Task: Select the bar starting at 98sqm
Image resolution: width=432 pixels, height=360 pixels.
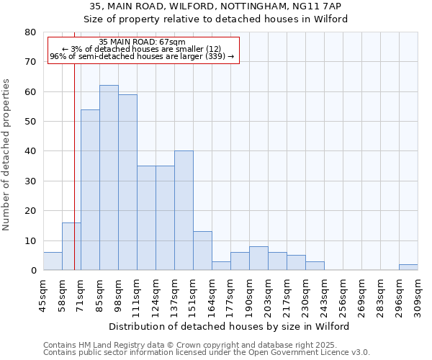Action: pyautogui.click(x=127, y=182)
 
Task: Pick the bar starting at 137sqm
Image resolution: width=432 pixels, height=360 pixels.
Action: pyautogui.click(x=184, y=210)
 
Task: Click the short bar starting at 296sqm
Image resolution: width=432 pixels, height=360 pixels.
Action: pyautogui.click(x=408, y=267)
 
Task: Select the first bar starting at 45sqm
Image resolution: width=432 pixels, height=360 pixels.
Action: pyautogui.click(x=53, y=261)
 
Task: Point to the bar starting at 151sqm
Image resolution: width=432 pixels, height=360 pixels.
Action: pyautogui.click(x=202, y=251)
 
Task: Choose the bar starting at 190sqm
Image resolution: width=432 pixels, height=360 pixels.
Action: pyautogui.click(x=258, y=258)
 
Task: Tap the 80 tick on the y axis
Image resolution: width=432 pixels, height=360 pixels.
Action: pyautogui.click(x=30, y=32)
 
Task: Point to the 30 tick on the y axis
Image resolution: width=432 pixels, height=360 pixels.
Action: pyautogui.click(x=30, y=181)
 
